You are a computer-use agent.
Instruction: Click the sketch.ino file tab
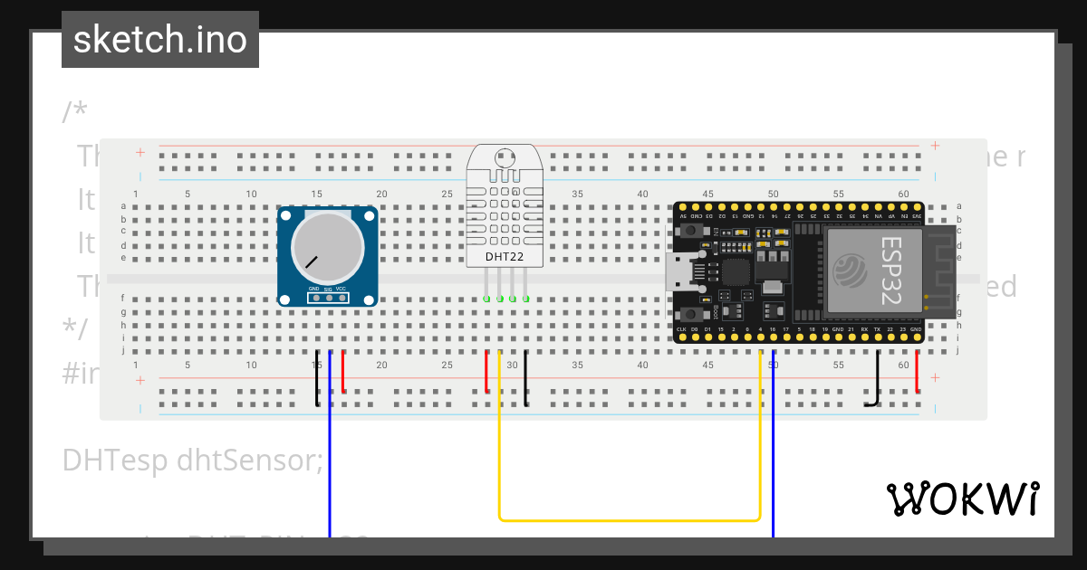click(x=160, y=40)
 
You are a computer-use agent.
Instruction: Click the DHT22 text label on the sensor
click(x=505, y=257)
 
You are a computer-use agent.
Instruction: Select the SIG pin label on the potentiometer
click(x=328, y=290)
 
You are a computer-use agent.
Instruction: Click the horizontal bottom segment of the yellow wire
click(x=629, y=520)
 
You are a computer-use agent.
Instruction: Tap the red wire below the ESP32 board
click(x=918, y=371)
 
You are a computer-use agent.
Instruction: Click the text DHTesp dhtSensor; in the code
click(x=192, y=461)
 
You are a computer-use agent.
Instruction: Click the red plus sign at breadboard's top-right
click(x=935, y=146)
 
